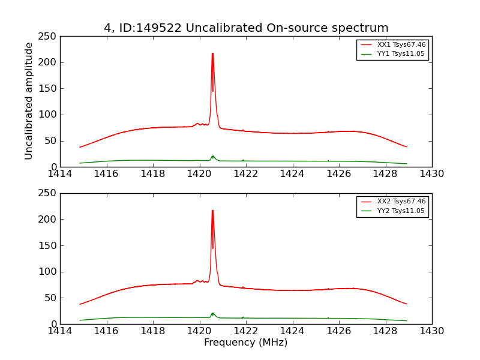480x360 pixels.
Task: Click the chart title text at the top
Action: coord(246,28)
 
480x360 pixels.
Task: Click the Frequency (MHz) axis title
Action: coord(245,343)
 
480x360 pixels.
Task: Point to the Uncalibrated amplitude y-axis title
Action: coord(29,101)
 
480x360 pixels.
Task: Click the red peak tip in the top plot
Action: coord(212,53)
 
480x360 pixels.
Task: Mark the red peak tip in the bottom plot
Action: coord(212,211)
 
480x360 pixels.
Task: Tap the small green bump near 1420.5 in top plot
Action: coord(212,157)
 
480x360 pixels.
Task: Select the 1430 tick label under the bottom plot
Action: coord(431,331)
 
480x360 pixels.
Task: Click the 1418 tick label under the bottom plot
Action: coord(153,331)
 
